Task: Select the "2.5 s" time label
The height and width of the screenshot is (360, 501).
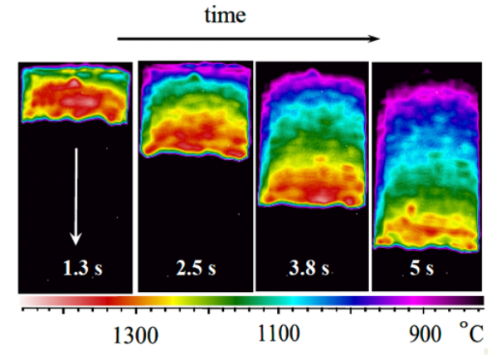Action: (x=197, y=268)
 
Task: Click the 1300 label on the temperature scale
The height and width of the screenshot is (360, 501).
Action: (x=135, y=336)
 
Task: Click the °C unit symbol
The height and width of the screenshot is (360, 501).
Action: (x=470, y=332)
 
